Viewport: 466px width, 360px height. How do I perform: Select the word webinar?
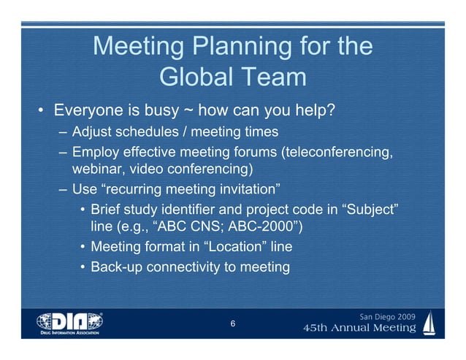tap(96, 170)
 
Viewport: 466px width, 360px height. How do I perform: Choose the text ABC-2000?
tap(259, 228)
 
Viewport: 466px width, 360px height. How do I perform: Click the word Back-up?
tap(116, 267)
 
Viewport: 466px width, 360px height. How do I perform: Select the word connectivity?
tap(188, 267)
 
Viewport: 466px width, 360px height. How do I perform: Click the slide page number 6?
tap(232, 324)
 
